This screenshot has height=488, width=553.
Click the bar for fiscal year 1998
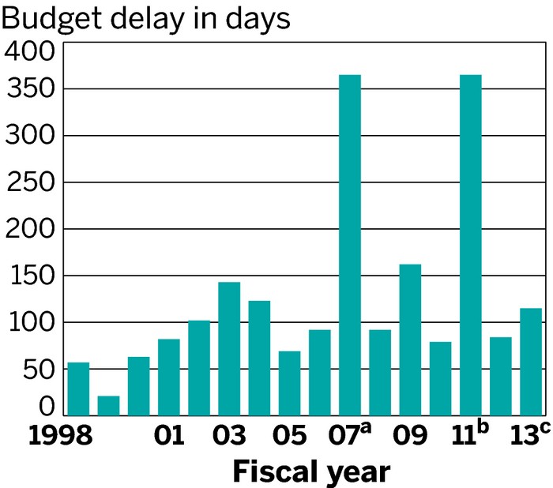[78, 389]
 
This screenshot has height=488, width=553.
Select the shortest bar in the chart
[108, 405]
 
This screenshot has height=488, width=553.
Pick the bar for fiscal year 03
[229, 348]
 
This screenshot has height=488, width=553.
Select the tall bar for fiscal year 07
[350, 245]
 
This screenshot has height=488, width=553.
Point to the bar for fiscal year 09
[410, 340]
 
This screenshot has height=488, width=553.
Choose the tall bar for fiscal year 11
[470, 245]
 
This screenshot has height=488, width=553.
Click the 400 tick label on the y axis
[30, 54]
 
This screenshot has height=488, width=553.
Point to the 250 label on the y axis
[30, 182]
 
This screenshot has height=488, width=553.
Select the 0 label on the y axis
[47, 407]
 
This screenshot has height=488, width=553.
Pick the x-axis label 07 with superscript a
[348, 436]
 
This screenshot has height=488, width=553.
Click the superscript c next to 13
[547, 430]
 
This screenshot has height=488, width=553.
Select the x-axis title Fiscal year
[310, 472]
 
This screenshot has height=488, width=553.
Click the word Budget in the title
[48, 17]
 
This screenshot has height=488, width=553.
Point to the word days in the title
[257, 17]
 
